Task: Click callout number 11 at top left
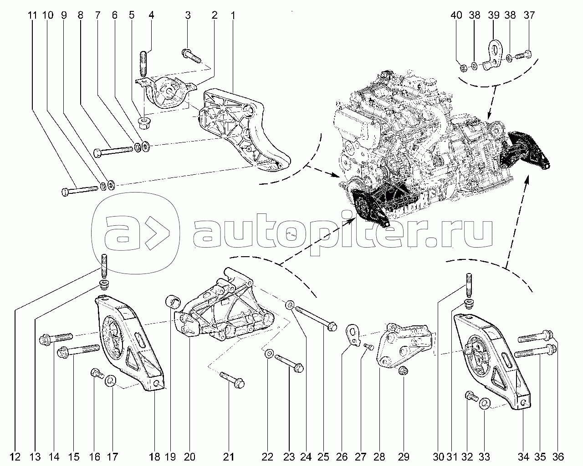[32, 15]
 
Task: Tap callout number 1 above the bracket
[233, 15]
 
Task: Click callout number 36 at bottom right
[559, 456]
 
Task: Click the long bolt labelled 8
[114, 150]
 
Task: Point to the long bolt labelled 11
[80, 190]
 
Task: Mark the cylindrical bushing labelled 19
[174, 301]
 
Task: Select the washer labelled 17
[111, 380]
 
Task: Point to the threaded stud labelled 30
[468, 284]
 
